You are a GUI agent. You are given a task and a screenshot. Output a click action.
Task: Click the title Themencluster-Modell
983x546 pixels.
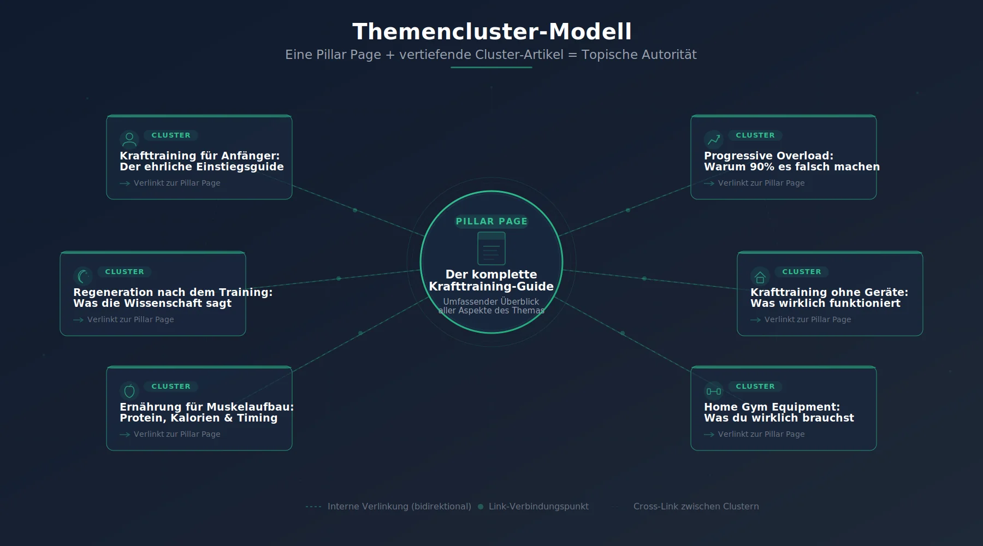tap(491, 32)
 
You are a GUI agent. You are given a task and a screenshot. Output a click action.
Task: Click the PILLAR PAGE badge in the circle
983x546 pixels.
tap(491, 221)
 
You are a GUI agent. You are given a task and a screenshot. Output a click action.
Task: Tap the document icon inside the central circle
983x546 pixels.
tap(491, 248)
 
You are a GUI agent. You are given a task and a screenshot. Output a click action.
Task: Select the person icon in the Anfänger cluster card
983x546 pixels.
tap(129, 139)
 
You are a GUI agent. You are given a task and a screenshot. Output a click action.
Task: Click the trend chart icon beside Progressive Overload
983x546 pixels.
tap(714, 140)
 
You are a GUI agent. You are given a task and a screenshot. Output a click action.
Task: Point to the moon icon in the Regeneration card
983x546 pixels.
tap(83, 276)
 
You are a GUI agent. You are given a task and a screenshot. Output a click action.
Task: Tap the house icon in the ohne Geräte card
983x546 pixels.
tap(760, 276)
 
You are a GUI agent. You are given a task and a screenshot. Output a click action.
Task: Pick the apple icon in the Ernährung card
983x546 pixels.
tap(129, 391)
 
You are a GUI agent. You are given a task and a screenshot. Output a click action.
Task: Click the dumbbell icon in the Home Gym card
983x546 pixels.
tap(714, 391)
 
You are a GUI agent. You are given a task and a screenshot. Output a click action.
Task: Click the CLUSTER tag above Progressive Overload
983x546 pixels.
tap(755, 135)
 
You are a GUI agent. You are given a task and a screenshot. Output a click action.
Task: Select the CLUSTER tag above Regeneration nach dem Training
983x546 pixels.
tap(125, 272)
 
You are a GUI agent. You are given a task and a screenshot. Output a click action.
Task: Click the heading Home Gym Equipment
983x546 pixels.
tap(772, 407)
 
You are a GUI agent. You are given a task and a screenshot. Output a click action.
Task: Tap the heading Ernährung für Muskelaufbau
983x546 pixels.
tap(206, 407)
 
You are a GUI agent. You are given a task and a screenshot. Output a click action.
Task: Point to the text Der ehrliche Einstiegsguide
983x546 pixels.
tap(202, 167)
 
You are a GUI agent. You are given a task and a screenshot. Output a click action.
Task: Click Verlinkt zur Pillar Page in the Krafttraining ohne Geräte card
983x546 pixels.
tap(807, 319)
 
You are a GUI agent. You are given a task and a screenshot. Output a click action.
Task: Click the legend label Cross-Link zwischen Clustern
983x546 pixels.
tap(696, 507)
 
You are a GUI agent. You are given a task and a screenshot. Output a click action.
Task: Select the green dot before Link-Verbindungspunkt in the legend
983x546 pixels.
tap(481, 507)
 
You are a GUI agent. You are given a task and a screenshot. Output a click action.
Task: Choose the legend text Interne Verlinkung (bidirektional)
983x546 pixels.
tap(399, 507)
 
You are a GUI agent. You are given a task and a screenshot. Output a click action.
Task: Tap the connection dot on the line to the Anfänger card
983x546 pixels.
tap(355, 210)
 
